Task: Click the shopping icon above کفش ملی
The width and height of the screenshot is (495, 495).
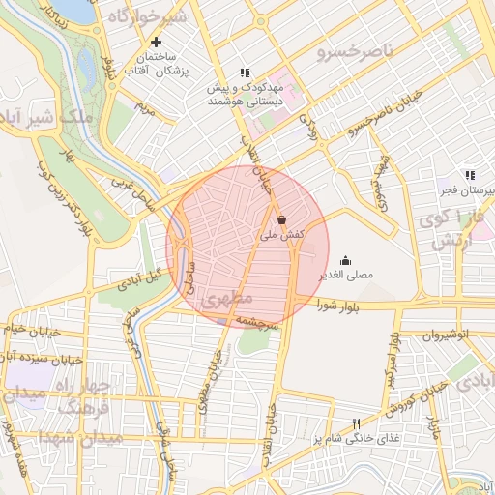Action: click(281, 220)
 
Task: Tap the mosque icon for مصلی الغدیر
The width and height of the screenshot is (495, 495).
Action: click(346, 260)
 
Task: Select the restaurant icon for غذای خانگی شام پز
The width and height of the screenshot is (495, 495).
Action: click(356, 423)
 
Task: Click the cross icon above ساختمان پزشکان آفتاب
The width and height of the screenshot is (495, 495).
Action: click(156, 43)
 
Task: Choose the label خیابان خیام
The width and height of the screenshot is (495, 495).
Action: click(25, 331)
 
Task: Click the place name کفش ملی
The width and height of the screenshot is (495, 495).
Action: click(282, 235)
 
